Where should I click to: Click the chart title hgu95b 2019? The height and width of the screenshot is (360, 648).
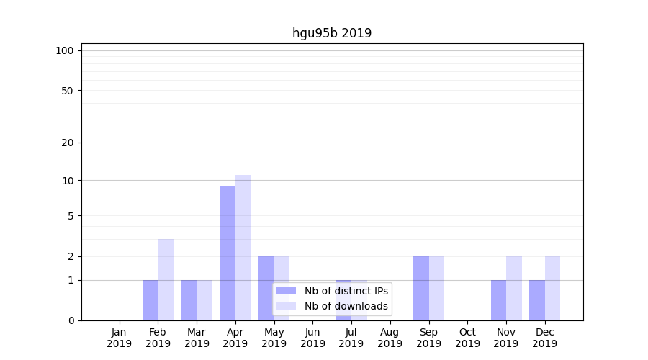[332, 33]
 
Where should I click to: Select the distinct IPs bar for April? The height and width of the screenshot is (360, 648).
[228, 253]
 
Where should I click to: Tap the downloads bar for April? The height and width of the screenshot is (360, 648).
[243, 248]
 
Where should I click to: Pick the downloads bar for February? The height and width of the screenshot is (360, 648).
[166, 279]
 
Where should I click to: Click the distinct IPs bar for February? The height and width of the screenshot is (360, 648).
[150, 300]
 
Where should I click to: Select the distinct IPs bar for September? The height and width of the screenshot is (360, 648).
[420, 288]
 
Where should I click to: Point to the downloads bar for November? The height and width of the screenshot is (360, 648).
[514, 288]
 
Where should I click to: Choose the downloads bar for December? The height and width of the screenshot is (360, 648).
[552, 288]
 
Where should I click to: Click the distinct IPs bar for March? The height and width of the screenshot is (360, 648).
[189, 300]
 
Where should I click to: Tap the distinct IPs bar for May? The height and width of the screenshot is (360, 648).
[266, 288]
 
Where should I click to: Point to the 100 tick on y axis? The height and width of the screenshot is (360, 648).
[65, 50]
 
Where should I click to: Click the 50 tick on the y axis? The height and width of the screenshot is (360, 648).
[68, 91]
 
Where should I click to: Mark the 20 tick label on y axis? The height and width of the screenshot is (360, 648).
[68, 143]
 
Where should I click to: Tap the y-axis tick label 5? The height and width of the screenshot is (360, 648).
[71, 215]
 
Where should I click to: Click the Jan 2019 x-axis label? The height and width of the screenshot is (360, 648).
[120, 338]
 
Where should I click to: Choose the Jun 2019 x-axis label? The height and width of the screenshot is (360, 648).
[312, 338]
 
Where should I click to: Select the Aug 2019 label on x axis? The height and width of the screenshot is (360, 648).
[390, 338]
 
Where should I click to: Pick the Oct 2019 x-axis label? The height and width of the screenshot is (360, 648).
[467, 338]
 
